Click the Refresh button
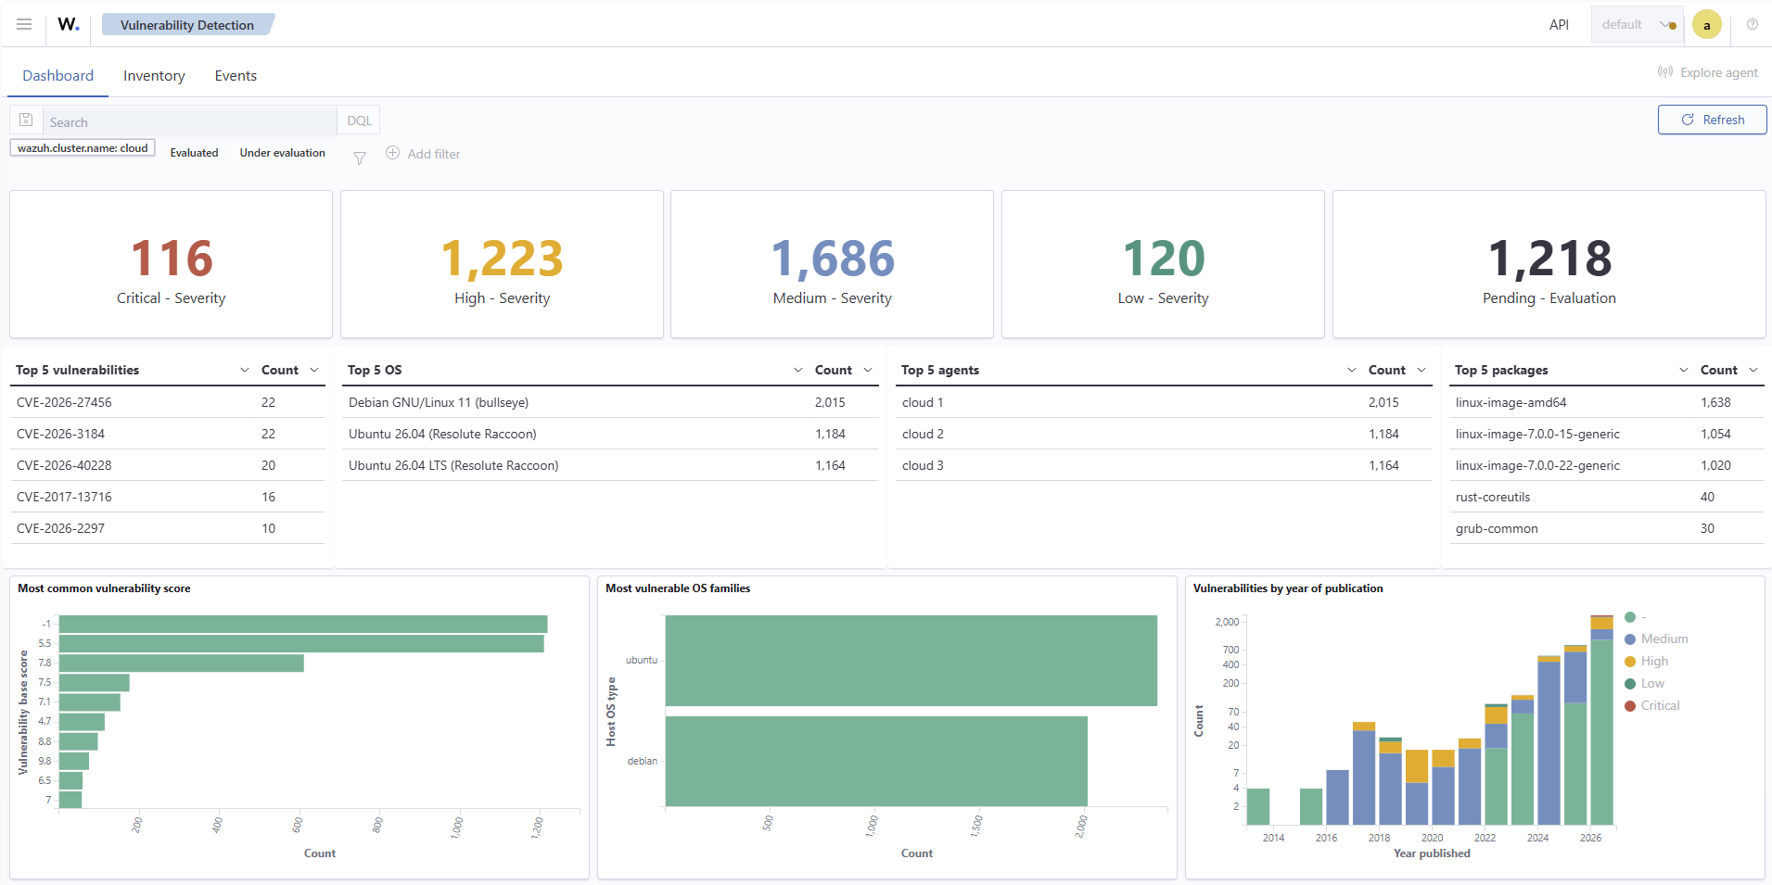(x=1712, y=120)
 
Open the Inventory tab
(x=154, y=76)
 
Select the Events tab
(x=236, y=76)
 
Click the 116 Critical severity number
(x=172, y=259)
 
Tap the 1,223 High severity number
(x=502, y=259)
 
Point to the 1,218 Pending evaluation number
(x=1549, y=259)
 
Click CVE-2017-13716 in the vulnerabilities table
(x=64, y=497)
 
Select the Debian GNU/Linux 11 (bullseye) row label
(x=439, y=402)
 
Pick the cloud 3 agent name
(x=923, y=465)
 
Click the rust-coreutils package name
(x=1493, y=497)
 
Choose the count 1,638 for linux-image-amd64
(x=1715, y=402)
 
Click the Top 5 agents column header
(x=940, y=370)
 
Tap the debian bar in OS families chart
(x=876, y=761)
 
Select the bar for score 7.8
(x=181, y=663)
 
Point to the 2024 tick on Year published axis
(x=1537, y=838)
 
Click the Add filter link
(x=423, y=154)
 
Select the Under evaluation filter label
(x=283, y=153)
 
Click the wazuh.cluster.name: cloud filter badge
(x=83, y=148)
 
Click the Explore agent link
(x=1708, y=72)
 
